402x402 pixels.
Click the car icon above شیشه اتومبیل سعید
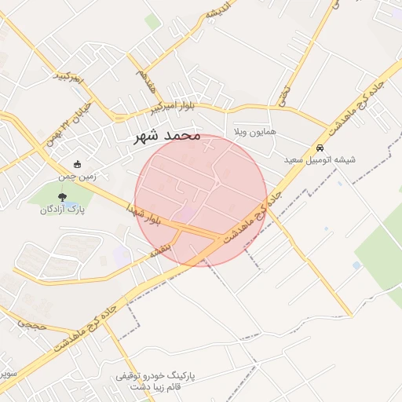(320, 148)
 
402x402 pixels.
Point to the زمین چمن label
(78, 177)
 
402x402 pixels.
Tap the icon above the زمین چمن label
(77, 165)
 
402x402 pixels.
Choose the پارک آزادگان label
(63, 209)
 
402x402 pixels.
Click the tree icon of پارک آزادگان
(63, 196)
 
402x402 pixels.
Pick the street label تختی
(283, 95)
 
